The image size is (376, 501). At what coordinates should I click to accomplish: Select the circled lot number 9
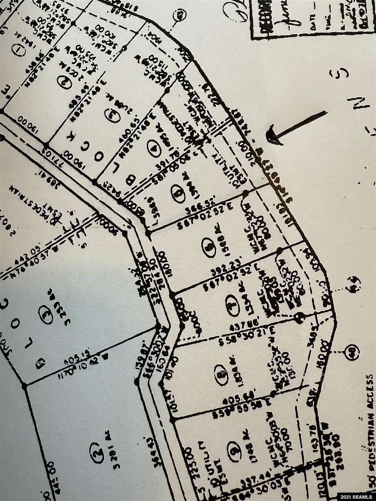(x=234, y=448)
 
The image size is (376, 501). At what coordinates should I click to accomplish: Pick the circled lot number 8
(x=221, y=375)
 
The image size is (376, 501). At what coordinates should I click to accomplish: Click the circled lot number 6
(x=208, y=247)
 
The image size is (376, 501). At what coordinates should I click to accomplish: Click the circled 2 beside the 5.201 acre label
(x=96, y=453)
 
